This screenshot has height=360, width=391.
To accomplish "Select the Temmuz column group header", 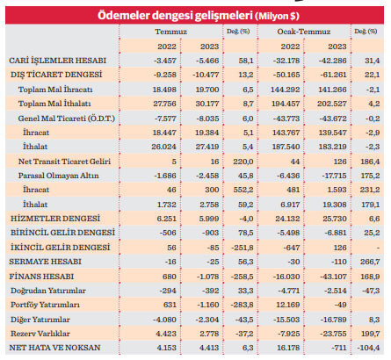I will (x=161, y=31).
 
